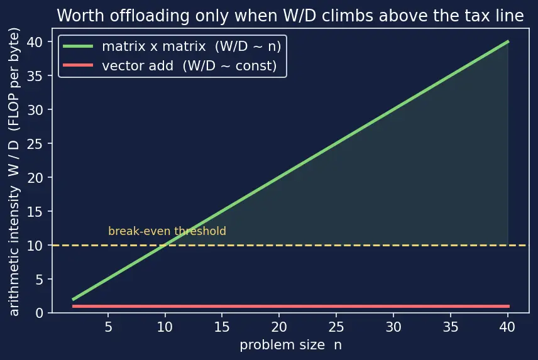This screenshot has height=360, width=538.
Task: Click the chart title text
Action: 290,16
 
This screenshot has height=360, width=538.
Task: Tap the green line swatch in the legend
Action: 78,46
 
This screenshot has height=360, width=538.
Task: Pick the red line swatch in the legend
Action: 78,65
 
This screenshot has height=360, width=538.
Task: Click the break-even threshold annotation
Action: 167,231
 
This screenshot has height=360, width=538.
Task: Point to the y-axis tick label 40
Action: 35,42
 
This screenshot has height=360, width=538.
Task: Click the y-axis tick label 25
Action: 35,144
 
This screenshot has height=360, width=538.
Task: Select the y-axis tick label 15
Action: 35,212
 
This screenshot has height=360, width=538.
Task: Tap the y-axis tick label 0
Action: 39,313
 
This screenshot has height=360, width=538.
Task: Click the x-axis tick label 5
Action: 109,327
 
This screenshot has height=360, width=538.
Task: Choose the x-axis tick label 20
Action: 279,327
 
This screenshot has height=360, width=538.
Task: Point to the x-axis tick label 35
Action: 450,327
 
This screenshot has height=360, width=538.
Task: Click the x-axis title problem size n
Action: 290,345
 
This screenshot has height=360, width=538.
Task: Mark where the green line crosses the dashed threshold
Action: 165,245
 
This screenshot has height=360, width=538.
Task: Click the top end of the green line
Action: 508,42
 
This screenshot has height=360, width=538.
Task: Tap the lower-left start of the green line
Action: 73,300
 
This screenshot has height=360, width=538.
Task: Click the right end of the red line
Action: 509,306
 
